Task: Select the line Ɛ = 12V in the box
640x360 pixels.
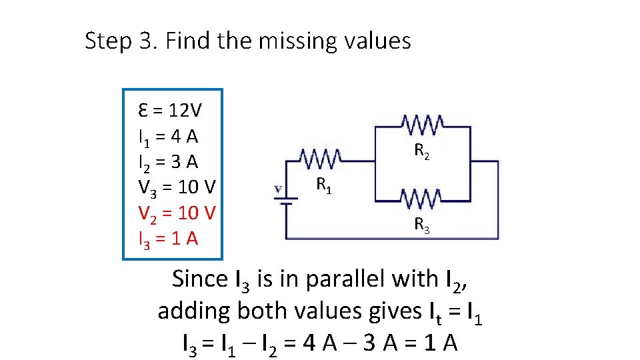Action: [170, 109]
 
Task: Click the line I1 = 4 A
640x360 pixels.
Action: [167, 137]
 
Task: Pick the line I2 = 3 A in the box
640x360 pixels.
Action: [167, 162]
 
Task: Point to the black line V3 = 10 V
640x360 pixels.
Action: [177, 187]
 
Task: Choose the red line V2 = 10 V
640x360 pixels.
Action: [177, 213]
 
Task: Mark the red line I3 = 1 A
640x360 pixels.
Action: [167, 238]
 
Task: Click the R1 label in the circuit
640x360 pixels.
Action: [324, 184]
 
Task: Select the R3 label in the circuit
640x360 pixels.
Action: [421, 225]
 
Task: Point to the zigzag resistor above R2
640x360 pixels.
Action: [423, 125]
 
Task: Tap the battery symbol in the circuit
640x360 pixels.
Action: [287, 197]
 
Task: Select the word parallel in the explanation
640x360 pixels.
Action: [340, 279]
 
